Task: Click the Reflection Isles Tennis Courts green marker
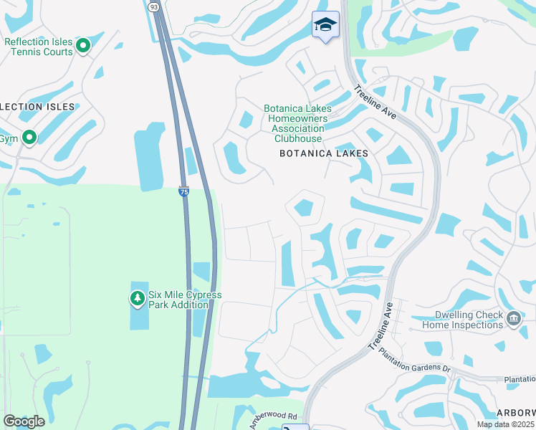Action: coord(83,47)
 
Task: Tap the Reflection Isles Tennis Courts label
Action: coord(39,47)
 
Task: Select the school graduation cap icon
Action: coord(325,25)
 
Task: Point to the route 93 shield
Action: coord(153,6)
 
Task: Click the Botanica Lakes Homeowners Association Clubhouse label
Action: coord(297,123)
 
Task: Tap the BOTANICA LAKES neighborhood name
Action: coord(324,153)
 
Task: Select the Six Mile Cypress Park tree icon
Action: coord(137,298)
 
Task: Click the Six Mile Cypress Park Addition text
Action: coord(185,300)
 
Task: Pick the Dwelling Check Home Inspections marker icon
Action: coord(513,318)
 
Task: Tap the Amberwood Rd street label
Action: coord(273,420)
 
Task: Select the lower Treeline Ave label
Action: coord(381,325)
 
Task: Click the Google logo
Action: coord(24,421)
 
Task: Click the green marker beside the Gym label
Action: coord(29,137)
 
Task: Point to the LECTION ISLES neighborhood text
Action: coord(37,107)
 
